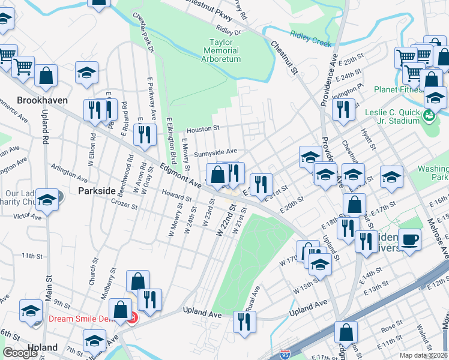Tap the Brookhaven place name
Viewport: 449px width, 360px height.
(42, 101)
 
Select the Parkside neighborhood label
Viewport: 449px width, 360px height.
(96, 190)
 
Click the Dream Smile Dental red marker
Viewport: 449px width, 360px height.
(133, 319)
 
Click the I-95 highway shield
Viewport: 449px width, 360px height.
(285, 354)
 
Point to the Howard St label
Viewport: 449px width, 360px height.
(176, 195)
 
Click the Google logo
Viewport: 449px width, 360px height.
(20, 353)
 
